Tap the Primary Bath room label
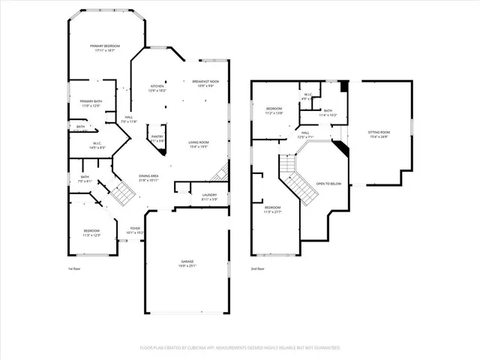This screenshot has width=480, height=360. (91, 103)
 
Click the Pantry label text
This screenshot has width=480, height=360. (157, 139)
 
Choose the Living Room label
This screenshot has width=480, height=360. (198, 144)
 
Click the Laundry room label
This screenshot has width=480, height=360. (209, 196)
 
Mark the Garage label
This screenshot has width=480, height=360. (186, 263)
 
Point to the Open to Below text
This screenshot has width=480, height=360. (328, 183)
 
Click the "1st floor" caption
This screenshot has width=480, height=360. (74, 268)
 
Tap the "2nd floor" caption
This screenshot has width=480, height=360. (257, 268)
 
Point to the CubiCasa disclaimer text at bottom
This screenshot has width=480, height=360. (240, 348)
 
